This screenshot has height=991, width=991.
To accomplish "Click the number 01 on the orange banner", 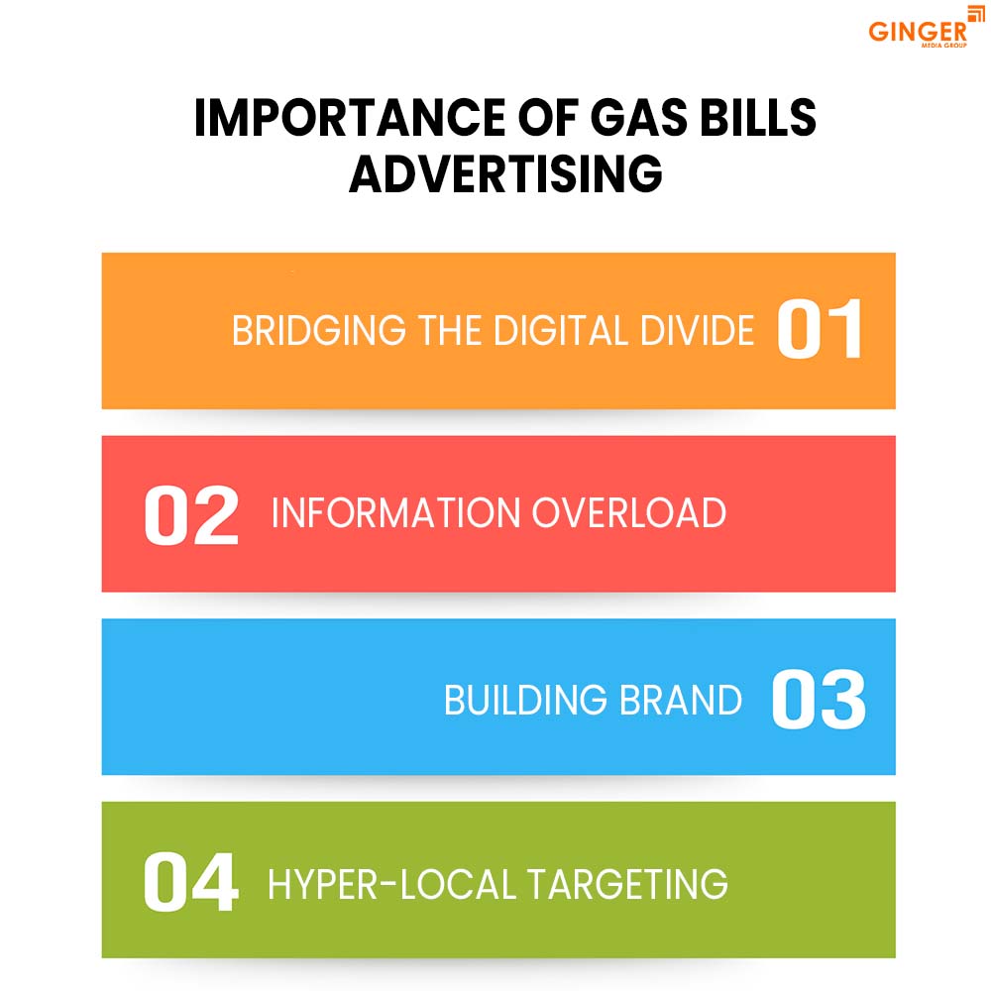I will point(820,330).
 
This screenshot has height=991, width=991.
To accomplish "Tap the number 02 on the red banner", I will point(191,514).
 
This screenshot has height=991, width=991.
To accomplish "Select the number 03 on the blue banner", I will point(819,700).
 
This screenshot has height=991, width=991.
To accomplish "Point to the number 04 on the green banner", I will point(191,882).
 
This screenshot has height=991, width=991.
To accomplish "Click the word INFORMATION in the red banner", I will point(395,513).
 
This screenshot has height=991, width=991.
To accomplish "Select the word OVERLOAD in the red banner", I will point(628,513).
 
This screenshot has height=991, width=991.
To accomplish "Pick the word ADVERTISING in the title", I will point(505,175).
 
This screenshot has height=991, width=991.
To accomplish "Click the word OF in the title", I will point(526,120).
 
